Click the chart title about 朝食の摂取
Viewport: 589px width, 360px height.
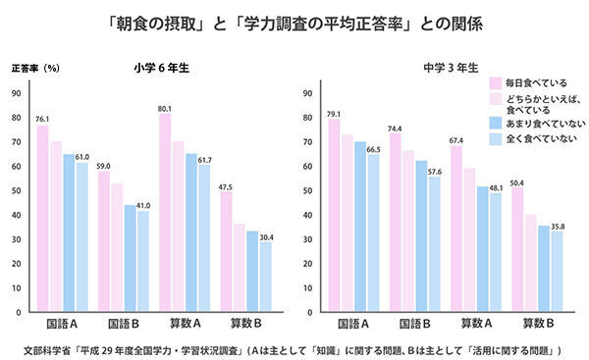click(294, 21)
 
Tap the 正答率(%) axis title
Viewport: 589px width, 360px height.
click(36, 69)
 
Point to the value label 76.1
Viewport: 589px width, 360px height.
click(42, 119)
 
